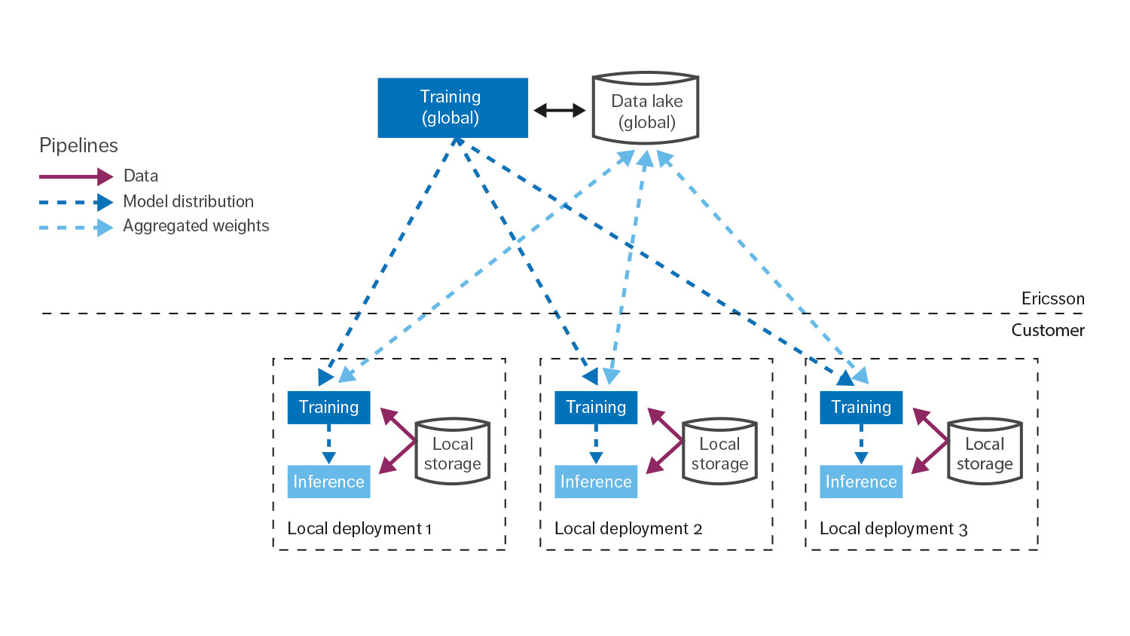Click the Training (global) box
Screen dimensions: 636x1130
(452, 108)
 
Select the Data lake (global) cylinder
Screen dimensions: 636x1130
(646, 109)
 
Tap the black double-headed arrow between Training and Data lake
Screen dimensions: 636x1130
(560, 111)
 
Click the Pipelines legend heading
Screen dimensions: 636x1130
(78, 145)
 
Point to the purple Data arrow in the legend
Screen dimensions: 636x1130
(75, 177)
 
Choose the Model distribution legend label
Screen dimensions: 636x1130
(188, 202)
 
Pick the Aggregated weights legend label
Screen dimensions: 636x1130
(196, 226)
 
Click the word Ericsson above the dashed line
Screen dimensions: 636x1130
(1052, 298)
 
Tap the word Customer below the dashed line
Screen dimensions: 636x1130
(1047, 330)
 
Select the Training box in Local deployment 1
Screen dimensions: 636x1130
(329, 408)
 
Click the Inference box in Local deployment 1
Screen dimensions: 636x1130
(329, 482)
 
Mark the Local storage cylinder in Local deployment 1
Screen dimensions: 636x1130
(453, 452)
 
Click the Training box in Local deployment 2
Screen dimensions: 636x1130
(596, 408)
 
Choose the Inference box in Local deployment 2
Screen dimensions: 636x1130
(596, 482)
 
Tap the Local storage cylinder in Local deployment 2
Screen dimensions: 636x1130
(719, 452)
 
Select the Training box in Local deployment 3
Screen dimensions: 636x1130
(861, 408)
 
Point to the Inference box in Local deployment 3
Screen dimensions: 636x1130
(861, 482)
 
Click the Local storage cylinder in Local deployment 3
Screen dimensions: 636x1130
(985, 452)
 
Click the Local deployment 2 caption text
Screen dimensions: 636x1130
(628, 529)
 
